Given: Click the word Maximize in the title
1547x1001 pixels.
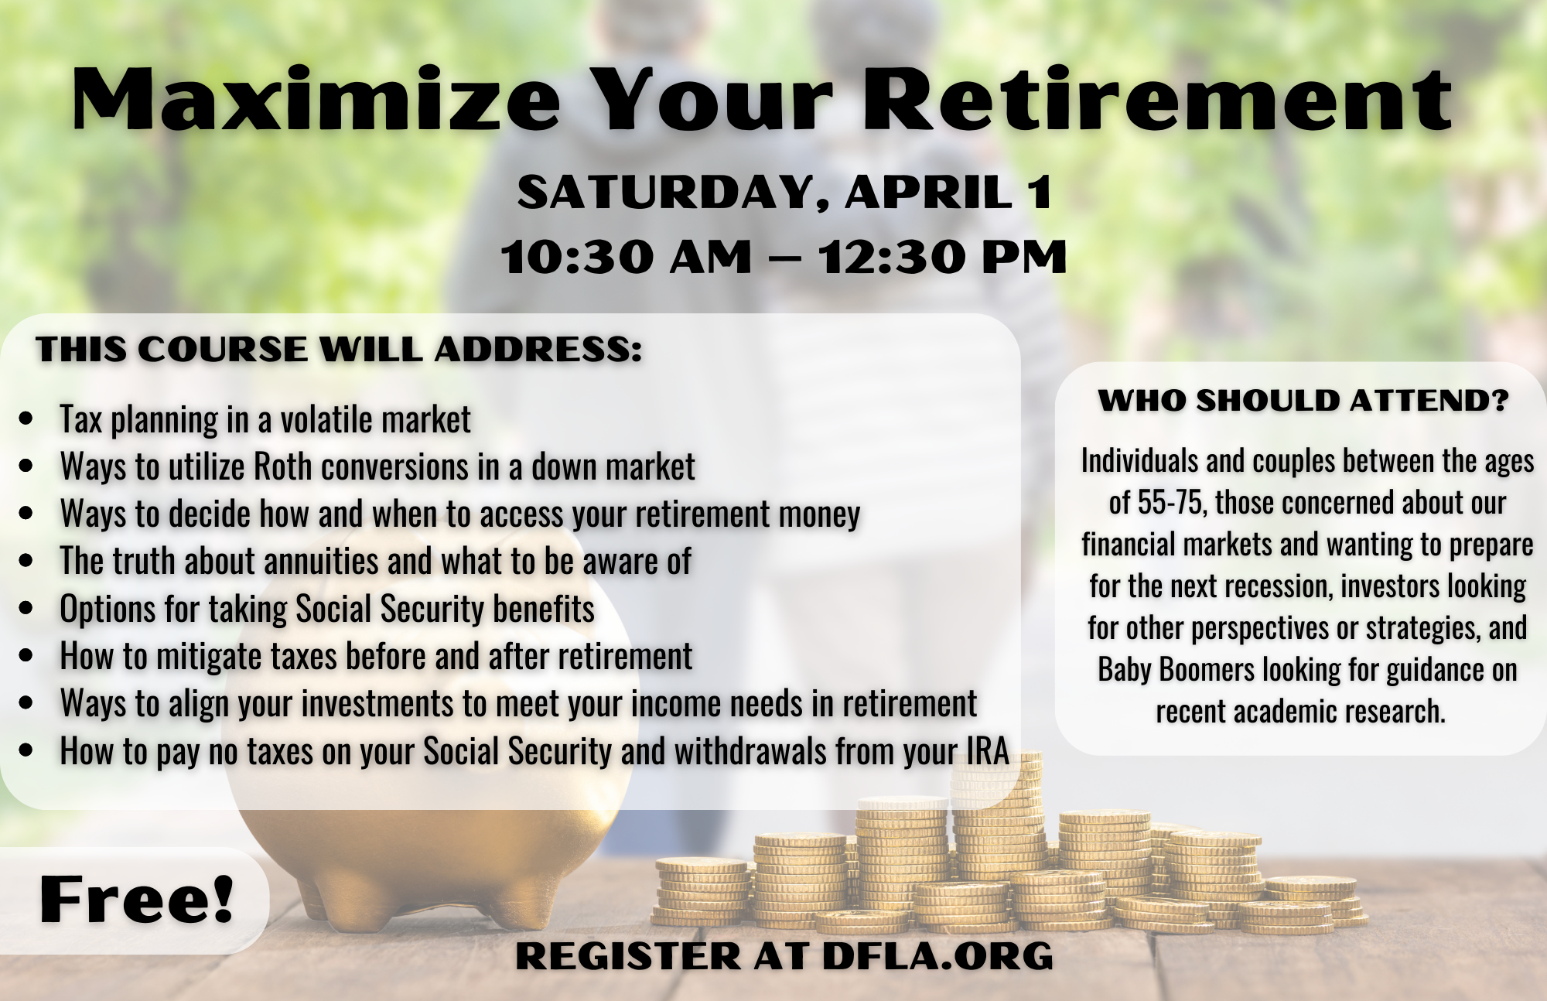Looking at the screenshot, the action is [x=316, y=98].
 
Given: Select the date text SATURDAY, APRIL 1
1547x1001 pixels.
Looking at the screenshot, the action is [x=784, y=192].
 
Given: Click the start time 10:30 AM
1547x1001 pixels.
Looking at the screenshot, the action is [x=626, y=256].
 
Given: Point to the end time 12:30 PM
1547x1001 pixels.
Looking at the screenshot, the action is [x=943, y=256].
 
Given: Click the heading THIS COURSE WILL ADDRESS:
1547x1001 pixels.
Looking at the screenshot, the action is [x=339, y=349].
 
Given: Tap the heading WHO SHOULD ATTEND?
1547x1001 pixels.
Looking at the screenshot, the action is [x=1303, y=401].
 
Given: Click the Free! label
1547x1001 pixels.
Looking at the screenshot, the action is [x=136, y=899].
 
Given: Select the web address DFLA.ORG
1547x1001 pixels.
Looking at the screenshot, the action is [x=937, y=956].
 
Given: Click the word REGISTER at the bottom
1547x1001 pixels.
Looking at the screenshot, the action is [x=628, y=956].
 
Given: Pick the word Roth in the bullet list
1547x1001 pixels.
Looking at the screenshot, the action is [x=283, y=466].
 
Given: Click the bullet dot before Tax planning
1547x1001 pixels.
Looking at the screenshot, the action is [x=26, y=419].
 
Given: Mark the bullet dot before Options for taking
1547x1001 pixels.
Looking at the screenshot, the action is [x=26, y=608].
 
